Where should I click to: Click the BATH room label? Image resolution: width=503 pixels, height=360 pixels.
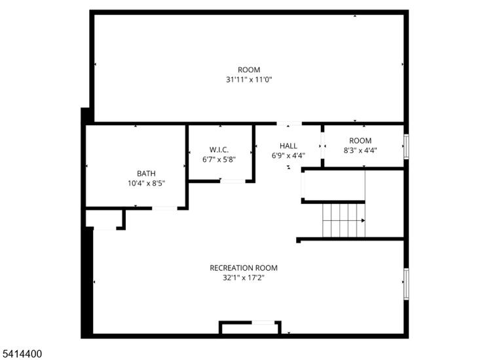tap(146, 173)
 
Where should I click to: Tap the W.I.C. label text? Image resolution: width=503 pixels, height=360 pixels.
tap(219, 150)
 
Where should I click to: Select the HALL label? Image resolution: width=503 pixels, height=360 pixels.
tap(288, 146)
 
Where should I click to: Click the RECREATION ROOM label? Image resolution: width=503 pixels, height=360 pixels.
tap(244, 268)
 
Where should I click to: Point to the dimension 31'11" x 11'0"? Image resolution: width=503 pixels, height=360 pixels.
tap(249, 79)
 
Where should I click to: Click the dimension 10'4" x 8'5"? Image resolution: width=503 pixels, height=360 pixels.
tap(146, 184)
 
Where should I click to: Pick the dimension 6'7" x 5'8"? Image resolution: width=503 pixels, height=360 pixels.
tap(219, 159)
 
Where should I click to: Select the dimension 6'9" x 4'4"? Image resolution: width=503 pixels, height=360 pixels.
tap(288, 156)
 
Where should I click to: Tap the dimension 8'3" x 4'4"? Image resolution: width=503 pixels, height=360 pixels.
tap(360, 150)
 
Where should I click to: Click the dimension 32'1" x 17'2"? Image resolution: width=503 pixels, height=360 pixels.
tap(244, 278)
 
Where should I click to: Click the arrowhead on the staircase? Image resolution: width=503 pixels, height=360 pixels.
tap(363, 220)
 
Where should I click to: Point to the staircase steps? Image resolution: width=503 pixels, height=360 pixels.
tap(344, 220)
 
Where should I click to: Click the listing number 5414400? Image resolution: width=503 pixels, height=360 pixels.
tap(22, 354)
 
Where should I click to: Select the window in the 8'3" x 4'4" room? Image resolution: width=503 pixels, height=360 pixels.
tap(406, 146)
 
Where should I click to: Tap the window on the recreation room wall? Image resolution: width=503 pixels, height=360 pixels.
tap(406, 284)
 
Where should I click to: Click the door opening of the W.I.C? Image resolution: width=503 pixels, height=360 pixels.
tap(233, 181)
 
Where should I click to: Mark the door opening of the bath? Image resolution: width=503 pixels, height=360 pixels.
tap(164, 209)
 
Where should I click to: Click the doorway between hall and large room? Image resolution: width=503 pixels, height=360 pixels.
tap(289, 123)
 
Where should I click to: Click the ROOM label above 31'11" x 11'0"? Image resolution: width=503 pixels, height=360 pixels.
tap(249, 70)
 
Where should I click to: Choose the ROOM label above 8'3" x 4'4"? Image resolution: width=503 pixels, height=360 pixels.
tap(360, 141)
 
